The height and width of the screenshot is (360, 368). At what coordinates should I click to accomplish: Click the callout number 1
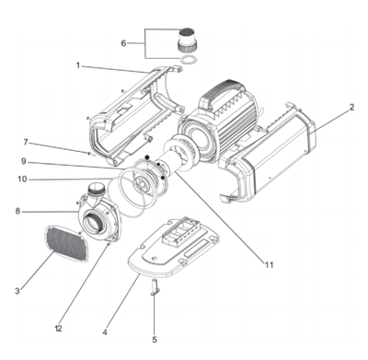coord(78,64)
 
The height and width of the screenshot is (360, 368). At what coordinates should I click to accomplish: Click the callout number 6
coord(124,42)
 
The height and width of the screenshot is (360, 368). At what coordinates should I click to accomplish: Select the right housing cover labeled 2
coord(276,157)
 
